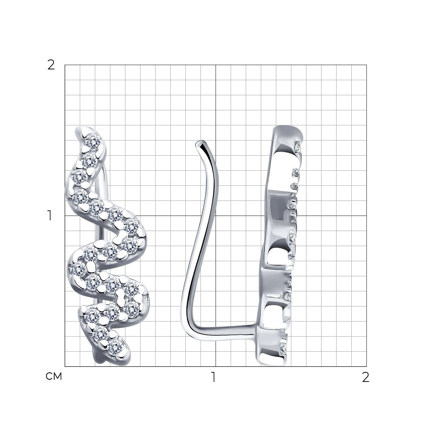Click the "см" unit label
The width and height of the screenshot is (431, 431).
point(54,376)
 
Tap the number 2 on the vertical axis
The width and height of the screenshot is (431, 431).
point(51,65)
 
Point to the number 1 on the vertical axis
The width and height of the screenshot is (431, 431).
point(50,215)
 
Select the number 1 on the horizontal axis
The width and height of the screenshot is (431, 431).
point(213,377)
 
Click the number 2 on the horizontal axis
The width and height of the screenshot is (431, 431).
point(365,377)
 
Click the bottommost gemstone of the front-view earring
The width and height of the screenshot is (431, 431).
point(116,347)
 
